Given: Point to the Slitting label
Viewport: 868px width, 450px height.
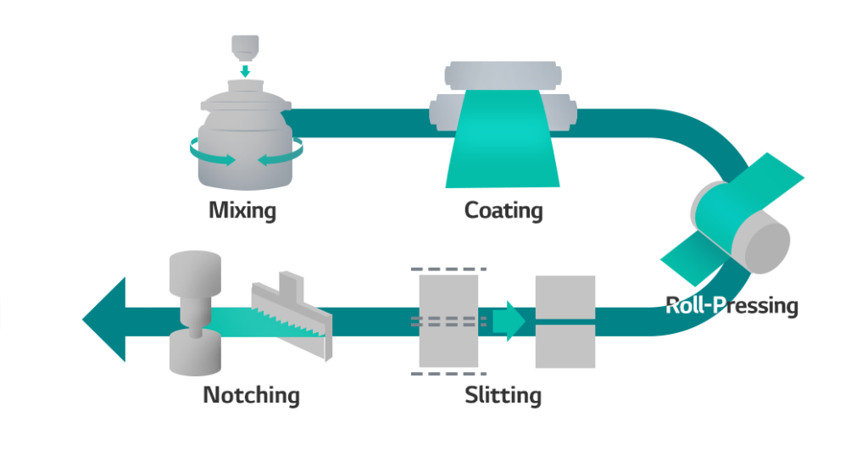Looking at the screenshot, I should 503,394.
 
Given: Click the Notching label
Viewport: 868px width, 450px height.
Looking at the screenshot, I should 251,394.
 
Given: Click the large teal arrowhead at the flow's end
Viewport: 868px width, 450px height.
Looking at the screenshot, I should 105,319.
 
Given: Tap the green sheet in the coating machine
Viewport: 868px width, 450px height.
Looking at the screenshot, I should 504,140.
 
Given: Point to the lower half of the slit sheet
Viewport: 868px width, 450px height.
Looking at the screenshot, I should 565,347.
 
